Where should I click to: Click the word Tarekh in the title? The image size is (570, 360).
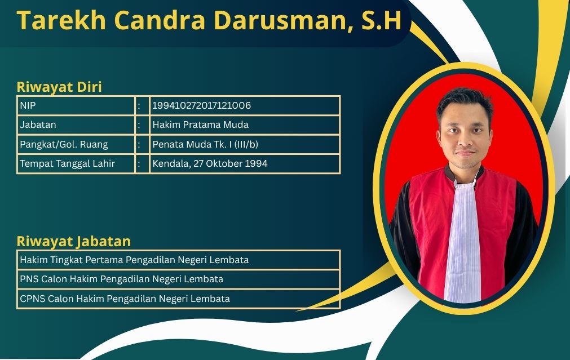pos(61,20)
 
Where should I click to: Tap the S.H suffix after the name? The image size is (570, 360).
pos(381,20)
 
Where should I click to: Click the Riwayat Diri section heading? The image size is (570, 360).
pos(59,87)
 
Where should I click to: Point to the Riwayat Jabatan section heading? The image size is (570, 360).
pos(74,242)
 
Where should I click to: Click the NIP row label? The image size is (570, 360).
pos(28,105)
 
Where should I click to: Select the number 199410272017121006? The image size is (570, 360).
pos(202,105)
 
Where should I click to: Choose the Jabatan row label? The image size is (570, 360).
pos(38,125)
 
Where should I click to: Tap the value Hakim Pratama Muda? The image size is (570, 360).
pos(200,125)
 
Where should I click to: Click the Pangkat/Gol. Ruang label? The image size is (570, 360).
pos(64,144)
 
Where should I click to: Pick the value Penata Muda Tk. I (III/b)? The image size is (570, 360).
pos(205,144)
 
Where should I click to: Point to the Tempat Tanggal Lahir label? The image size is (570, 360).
pos(67,163)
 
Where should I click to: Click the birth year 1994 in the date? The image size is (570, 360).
pos(257,163)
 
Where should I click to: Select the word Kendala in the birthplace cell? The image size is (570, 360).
pos(171,163)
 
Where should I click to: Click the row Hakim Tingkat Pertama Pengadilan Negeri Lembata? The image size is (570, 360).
pos(134,260)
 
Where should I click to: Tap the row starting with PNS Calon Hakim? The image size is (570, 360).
pos(121,279)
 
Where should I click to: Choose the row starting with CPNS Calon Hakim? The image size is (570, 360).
pos(125,299)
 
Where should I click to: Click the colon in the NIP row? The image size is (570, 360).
pos(139,106)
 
